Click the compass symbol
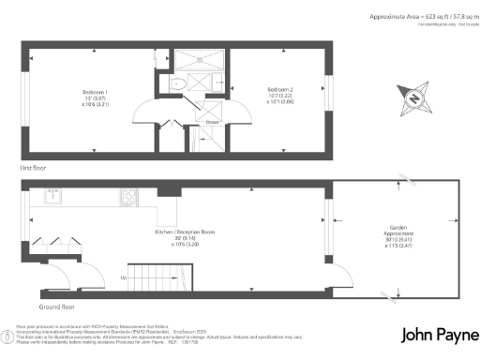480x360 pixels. (x=415, y=97)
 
